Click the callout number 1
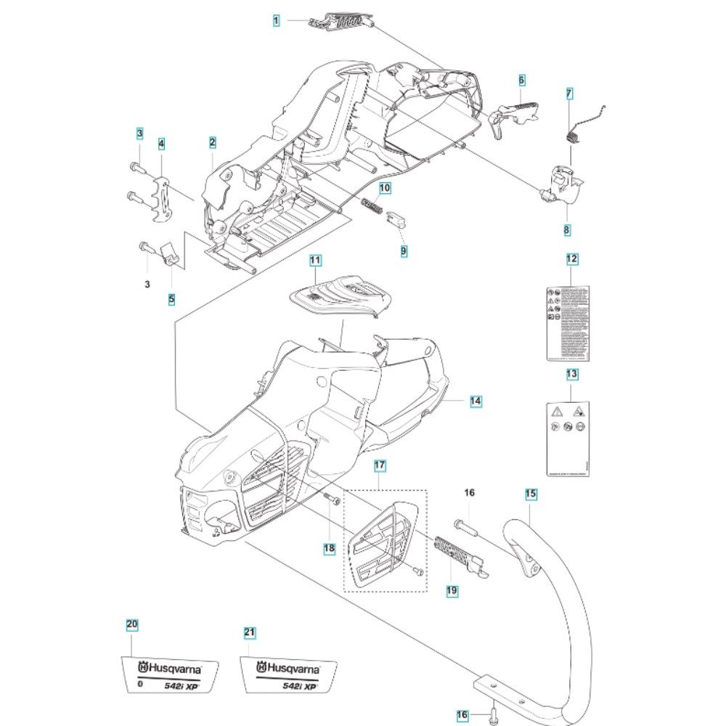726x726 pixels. click(277, 22)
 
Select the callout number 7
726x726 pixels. click(569, 94)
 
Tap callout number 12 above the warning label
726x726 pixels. click(572, 259)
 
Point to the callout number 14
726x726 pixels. click(475, 400)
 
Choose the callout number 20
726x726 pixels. click(131, 624)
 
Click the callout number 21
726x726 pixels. click(249, 633)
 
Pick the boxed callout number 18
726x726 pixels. click(330, 548)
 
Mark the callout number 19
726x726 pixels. click(452, 591)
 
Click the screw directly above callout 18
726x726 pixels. click(331, 500)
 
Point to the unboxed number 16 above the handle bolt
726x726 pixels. click(469, 493)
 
